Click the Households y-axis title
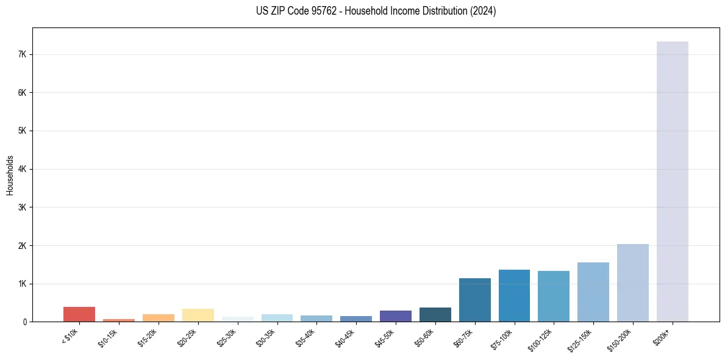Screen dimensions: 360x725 pyautogui.click(x=10, y=175)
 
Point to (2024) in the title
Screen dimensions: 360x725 pyautogui.click(x=482, y=11)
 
